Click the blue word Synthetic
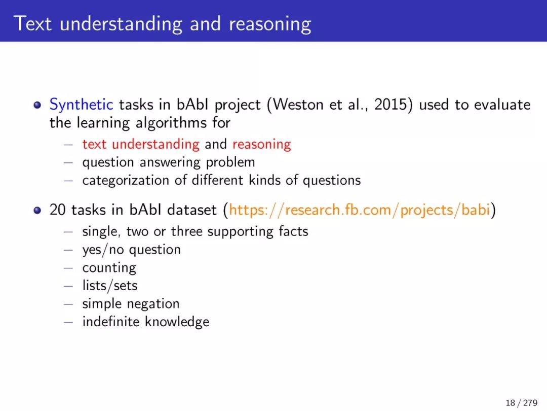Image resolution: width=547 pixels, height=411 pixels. [81, 105]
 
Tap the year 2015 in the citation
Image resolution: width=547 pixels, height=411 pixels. [390, 105]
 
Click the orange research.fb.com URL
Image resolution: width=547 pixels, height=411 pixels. [359, 210]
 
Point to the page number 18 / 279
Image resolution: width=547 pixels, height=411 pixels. [521, 402]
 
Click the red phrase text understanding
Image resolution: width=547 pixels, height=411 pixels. [141, 144]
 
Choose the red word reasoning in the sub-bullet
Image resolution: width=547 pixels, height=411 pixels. [262, 145]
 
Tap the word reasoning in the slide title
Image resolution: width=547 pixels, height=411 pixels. [269, 24]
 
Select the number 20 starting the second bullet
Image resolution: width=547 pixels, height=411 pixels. [58, 210]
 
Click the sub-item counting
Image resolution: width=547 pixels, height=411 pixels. [109, 268]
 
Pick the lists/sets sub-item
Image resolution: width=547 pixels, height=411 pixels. [110, 286]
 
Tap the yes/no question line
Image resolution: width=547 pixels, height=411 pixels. [132, 250]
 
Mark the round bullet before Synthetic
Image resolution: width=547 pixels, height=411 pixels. [37, 105]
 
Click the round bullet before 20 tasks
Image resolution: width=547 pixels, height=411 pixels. [37, 210]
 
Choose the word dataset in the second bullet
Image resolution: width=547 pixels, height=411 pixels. [192, 210]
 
